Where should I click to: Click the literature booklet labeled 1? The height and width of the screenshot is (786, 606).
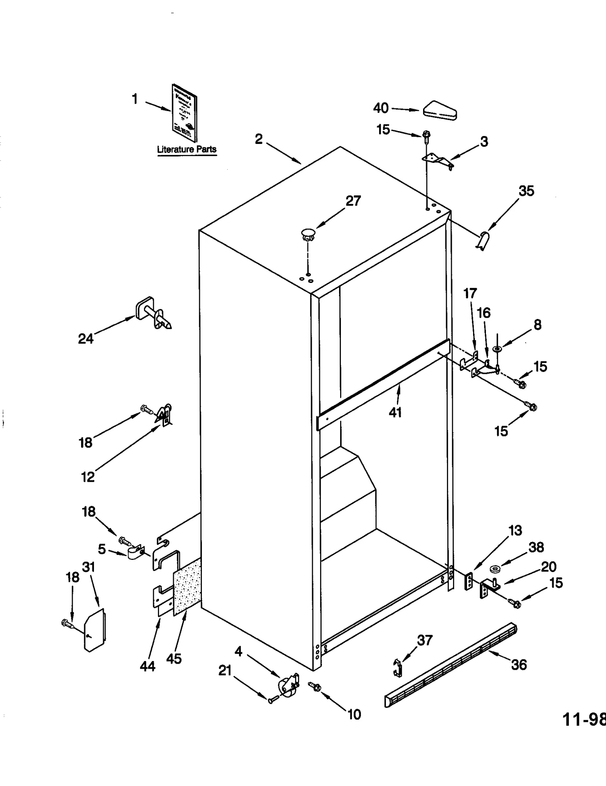pos(185,113)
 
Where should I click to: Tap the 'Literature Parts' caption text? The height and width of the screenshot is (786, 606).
pos(187,149)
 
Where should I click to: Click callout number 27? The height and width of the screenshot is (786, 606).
pos(353,201)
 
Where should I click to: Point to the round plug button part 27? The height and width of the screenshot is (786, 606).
pos(308,234)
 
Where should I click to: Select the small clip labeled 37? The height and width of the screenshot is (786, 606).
pos(397,668)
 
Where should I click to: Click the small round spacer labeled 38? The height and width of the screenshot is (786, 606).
pos(495,569)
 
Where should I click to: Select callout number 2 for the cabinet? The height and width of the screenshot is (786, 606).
pos(259,139)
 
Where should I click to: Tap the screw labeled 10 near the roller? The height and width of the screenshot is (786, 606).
pos(315,686)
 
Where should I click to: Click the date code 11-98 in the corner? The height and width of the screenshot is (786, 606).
pos(583,719)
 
